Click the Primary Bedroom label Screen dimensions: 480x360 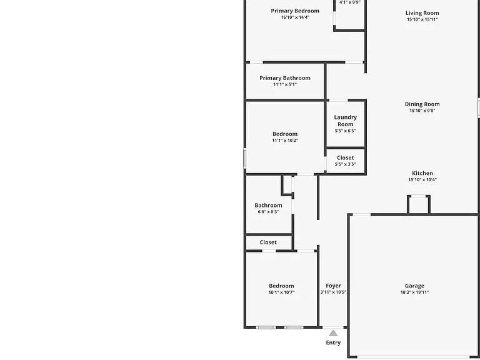click(295, 11)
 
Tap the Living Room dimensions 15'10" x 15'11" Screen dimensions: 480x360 click(422, 19)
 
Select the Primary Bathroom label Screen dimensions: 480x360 click(285, 78)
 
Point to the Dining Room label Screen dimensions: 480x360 click(422, 104)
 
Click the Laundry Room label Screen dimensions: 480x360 click(345, 121)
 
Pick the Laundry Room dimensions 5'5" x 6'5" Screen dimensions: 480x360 click(345, 131)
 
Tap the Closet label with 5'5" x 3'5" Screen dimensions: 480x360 click(345, 157)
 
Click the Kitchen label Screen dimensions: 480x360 click(422, 173)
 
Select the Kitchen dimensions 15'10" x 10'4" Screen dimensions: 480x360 click(422, 180)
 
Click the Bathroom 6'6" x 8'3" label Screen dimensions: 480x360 click(269, 206)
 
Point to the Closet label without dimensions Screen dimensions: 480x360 click(268, 242)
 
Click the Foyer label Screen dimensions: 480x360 click(333, 286)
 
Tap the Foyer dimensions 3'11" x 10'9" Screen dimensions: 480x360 click(333, 292)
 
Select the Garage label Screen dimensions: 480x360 click(415, 286)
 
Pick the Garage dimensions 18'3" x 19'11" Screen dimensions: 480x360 click(415, 292)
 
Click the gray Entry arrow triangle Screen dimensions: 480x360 click(333, 333)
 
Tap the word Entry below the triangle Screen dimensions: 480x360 click(333, 342)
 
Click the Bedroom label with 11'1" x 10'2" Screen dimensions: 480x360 click(285, 134)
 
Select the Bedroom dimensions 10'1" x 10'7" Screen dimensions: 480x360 click(282, 292)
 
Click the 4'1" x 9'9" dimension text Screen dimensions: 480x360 click(350, 2)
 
